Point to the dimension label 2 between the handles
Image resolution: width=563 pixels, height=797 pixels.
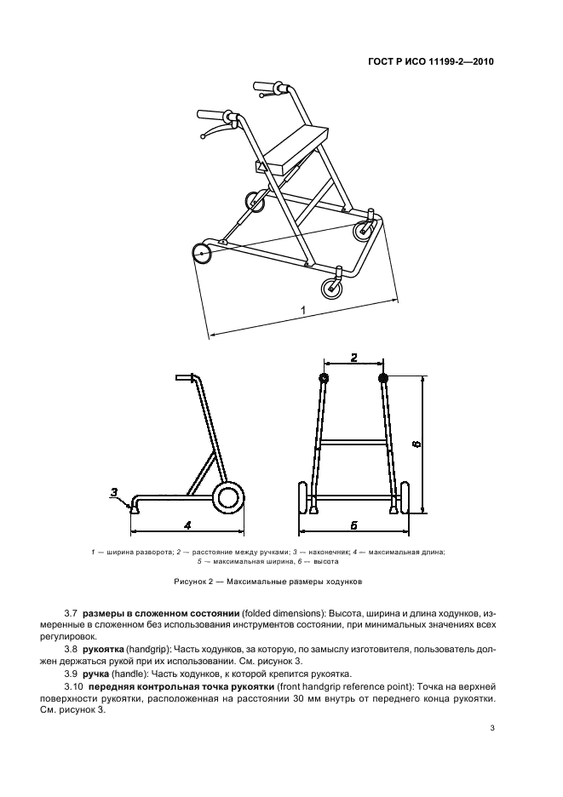tap(353, 358)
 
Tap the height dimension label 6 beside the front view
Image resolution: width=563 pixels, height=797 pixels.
tap(416, 443)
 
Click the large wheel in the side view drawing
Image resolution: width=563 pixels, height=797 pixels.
tap(227, 497)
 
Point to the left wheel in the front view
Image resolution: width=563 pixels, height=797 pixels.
tap(301, 499)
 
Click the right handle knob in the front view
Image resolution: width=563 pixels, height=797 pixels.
tap(382, 377)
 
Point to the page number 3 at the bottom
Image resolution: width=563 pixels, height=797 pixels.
tap(492, 727)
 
